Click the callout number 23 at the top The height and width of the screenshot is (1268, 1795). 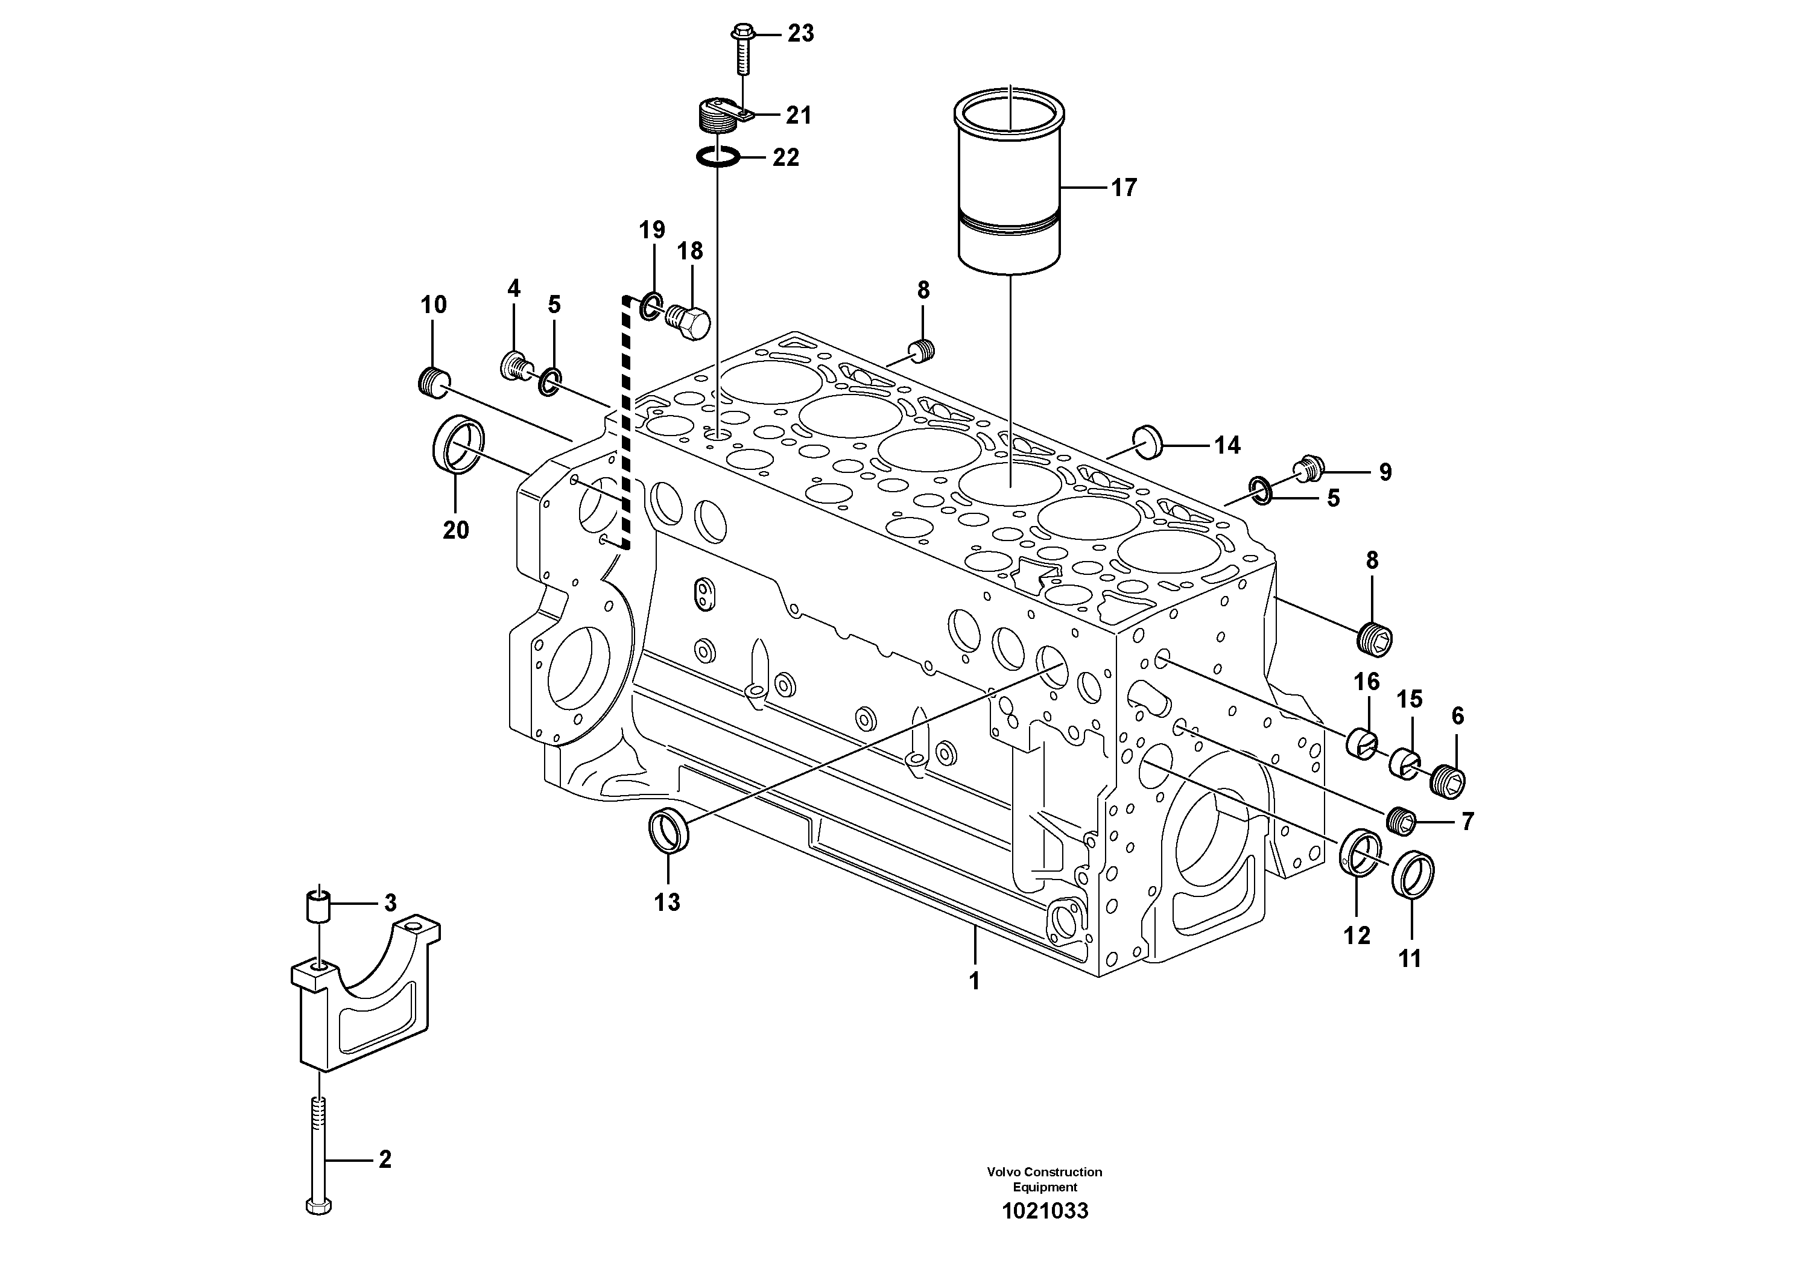point(800,34)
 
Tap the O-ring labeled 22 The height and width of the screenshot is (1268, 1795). point(717,157)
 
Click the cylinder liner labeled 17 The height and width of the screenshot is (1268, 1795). point(1009,188)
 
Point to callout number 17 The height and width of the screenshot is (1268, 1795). point(1124,188)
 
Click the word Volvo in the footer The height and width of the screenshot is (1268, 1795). point(1003,1172)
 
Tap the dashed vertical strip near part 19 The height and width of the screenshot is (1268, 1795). point(625,422)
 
